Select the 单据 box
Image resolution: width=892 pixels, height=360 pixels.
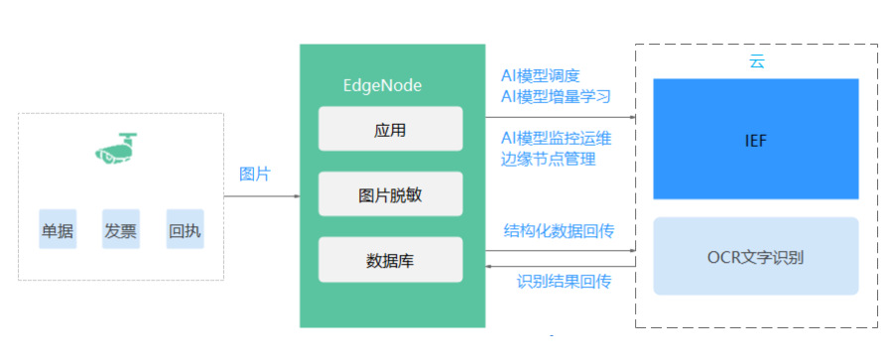coord(57,230)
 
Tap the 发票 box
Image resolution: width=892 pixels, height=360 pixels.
coord(120,230)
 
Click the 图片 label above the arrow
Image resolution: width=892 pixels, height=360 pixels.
coord(254,174)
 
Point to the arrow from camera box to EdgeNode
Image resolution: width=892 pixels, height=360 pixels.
coord(261,196)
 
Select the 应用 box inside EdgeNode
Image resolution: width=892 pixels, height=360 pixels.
coord(390,129)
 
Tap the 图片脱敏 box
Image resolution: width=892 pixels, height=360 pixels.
coord(390,194)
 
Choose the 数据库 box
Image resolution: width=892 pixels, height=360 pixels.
coord(390,260)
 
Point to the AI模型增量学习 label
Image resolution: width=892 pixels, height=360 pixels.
coord(556,96)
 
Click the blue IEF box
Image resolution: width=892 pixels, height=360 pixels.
coord(755,139)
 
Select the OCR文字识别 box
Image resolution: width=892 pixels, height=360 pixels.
coord(755,257)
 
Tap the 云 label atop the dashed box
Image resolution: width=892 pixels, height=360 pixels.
coord(756,61)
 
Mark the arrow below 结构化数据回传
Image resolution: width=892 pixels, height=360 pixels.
coord(560,248)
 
